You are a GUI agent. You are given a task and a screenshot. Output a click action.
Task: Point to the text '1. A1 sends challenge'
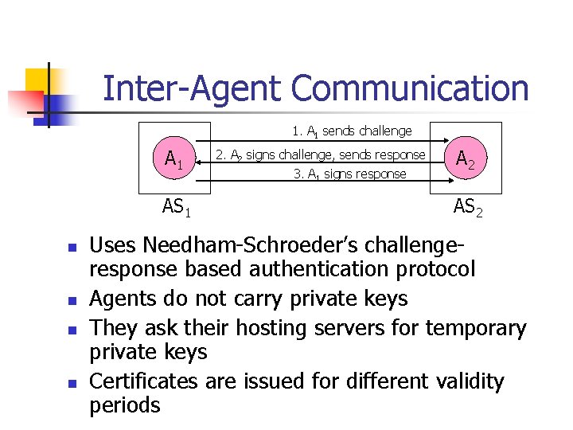click(352, 131)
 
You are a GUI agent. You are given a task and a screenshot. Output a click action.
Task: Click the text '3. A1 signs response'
click(350, 174)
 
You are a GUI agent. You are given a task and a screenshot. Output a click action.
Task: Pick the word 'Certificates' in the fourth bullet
click(143, 381)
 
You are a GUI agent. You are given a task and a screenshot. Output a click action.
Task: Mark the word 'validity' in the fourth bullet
click(470, 381)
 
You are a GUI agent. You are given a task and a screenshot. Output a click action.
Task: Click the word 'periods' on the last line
click(125, 405)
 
